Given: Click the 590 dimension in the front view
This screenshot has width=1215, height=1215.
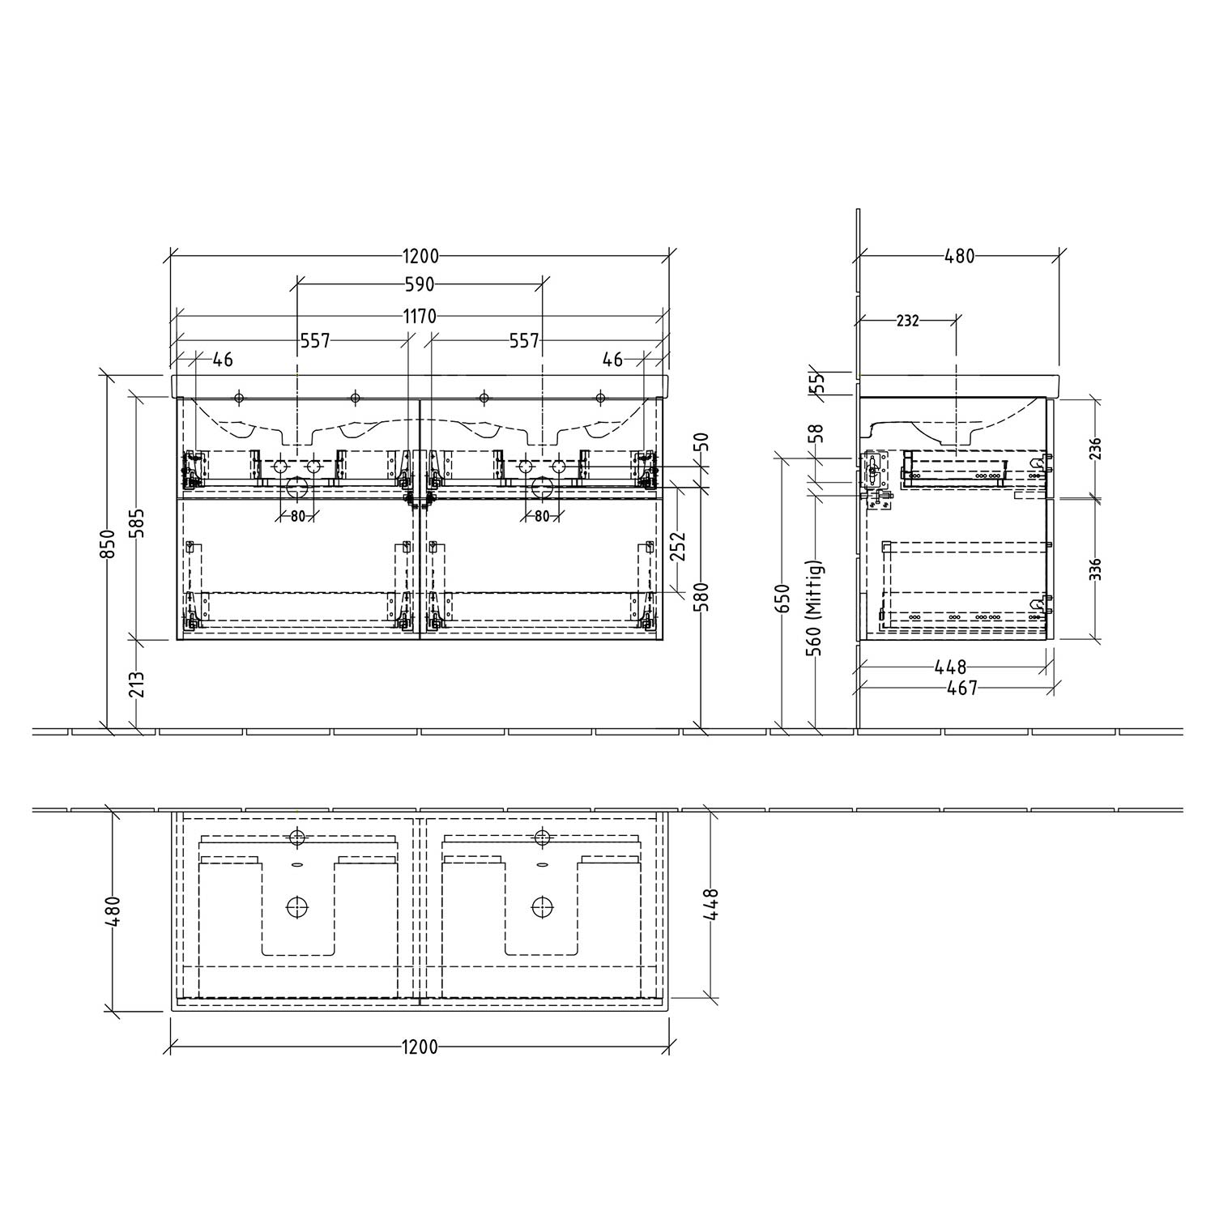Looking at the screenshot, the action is click(x=420, y=284).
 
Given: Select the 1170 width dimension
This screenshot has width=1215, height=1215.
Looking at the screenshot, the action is click(x=420, y=317).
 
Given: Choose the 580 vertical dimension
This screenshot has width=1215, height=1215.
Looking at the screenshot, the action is click(x=702, y=598).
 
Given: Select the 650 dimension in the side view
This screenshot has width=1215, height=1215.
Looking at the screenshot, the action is click(x=782, y=598).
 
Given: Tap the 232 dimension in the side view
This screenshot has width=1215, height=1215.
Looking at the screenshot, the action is click(x=908, y=321).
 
